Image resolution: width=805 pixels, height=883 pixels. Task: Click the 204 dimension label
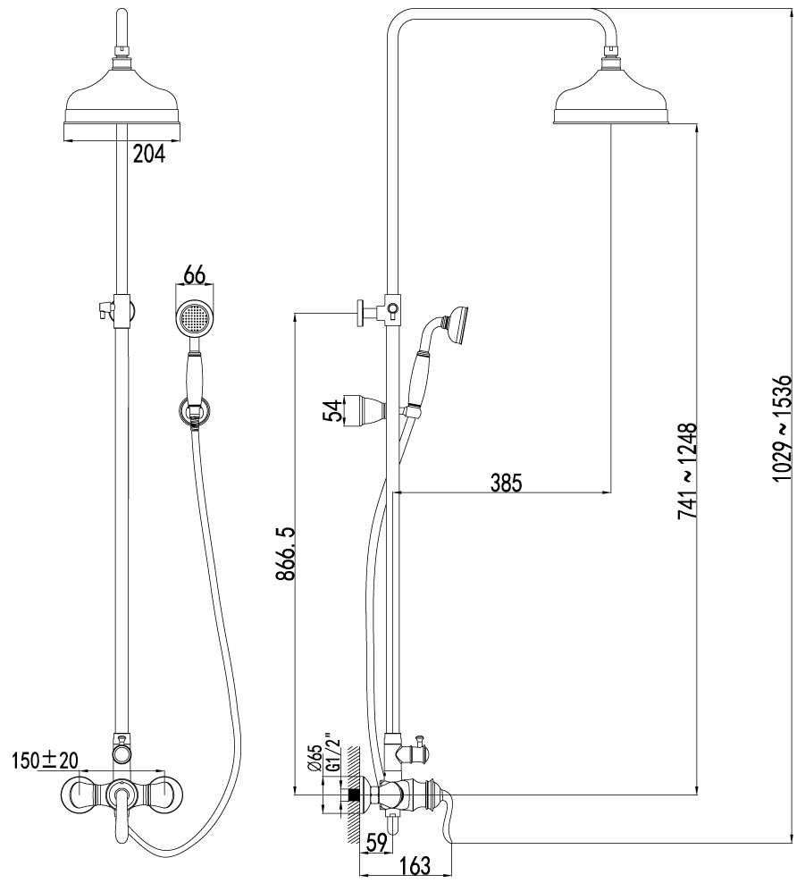[x=149, y=154]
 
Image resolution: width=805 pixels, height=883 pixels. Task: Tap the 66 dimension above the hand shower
[x=194, y=276]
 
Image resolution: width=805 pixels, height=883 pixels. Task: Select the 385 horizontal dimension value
[x=506, y=483]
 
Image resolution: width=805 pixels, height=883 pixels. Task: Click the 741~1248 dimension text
[x=687, y=472]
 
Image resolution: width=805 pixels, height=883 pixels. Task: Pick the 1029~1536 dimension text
[x=782, y=429]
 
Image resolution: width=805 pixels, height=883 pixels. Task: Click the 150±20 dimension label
[x=46, y=761]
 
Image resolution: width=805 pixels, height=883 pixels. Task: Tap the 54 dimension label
[x=331, y=410]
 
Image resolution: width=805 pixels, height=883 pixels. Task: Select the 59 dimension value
[x=376, y=843]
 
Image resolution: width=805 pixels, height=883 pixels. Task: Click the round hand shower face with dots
[x=194, y=318]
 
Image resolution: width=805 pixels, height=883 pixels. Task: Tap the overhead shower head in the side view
[x=612, y=96]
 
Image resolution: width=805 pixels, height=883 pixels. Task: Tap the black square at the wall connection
[x=354, y=795]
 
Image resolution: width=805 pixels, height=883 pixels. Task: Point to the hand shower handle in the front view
[x=194, y=378]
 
